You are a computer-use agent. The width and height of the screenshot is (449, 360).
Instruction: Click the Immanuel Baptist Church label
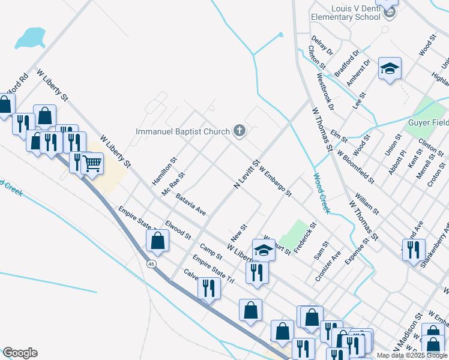[182, 131]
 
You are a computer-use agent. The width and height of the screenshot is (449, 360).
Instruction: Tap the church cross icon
[239, 131]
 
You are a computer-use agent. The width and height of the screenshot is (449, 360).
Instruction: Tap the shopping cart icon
[91, 163]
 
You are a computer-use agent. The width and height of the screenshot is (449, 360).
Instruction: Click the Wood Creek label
[321, 193]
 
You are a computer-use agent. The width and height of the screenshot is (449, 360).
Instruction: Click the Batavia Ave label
[191, 204]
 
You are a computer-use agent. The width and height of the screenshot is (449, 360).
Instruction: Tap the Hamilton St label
[164, 171]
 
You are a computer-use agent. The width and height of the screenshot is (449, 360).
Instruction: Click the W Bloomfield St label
[355, 166]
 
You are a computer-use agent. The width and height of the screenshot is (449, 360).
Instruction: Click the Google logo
[19, 353]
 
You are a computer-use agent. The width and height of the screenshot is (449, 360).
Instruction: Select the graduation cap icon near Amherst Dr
[389, 69]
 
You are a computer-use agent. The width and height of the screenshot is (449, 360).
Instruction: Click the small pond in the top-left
[30, 38]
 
